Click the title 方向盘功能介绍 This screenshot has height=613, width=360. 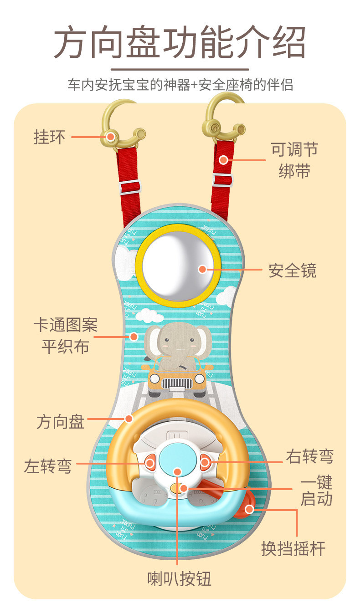(180, 43)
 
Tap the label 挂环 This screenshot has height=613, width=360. (50, 137)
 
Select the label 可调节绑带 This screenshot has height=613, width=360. (294, 160)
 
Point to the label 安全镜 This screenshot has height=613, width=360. (292, 271)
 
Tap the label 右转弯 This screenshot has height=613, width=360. (309, 456)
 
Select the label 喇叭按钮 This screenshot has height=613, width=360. (180, 578)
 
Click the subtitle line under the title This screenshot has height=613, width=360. (180, 85)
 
